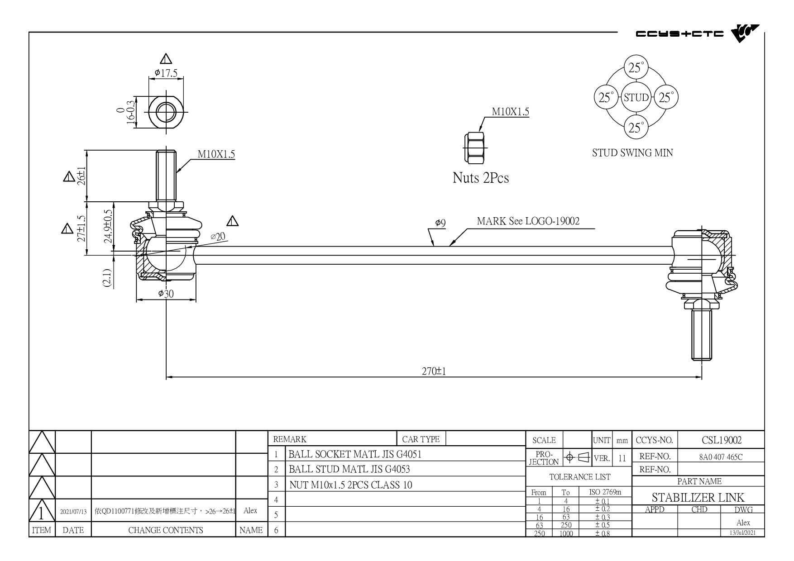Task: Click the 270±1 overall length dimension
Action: (434, 371)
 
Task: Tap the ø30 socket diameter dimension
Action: (166, 294)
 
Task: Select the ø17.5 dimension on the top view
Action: (166, 73)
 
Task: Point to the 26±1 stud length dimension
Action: (81, 176)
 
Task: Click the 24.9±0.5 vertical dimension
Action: (108, 226)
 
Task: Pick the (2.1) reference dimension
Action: (107, 278)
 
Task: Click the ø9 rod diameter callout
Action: (440, 223)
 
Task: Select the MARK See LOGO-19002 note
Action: (528, 221)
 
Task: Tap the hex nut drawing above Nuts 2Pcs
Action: (475, 148)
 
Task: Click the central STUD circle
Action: (636, 97)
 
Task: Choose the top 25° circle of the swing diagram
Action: (636, 68)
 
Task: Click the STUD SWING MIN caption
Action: (632, 153)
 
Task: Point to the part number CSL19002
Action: (722, 440)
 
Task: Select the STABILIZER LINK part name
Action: (698, 498)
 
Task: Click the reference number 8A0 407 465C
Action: (721, 457)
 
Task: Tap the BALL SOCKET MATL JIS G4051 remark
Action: (355, 454)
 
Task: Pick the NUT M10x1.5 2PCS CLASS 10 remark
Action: (351, 485)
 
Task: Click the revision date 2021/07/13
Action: (73, 512)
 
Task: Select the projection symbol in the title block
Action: (576, 457)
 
